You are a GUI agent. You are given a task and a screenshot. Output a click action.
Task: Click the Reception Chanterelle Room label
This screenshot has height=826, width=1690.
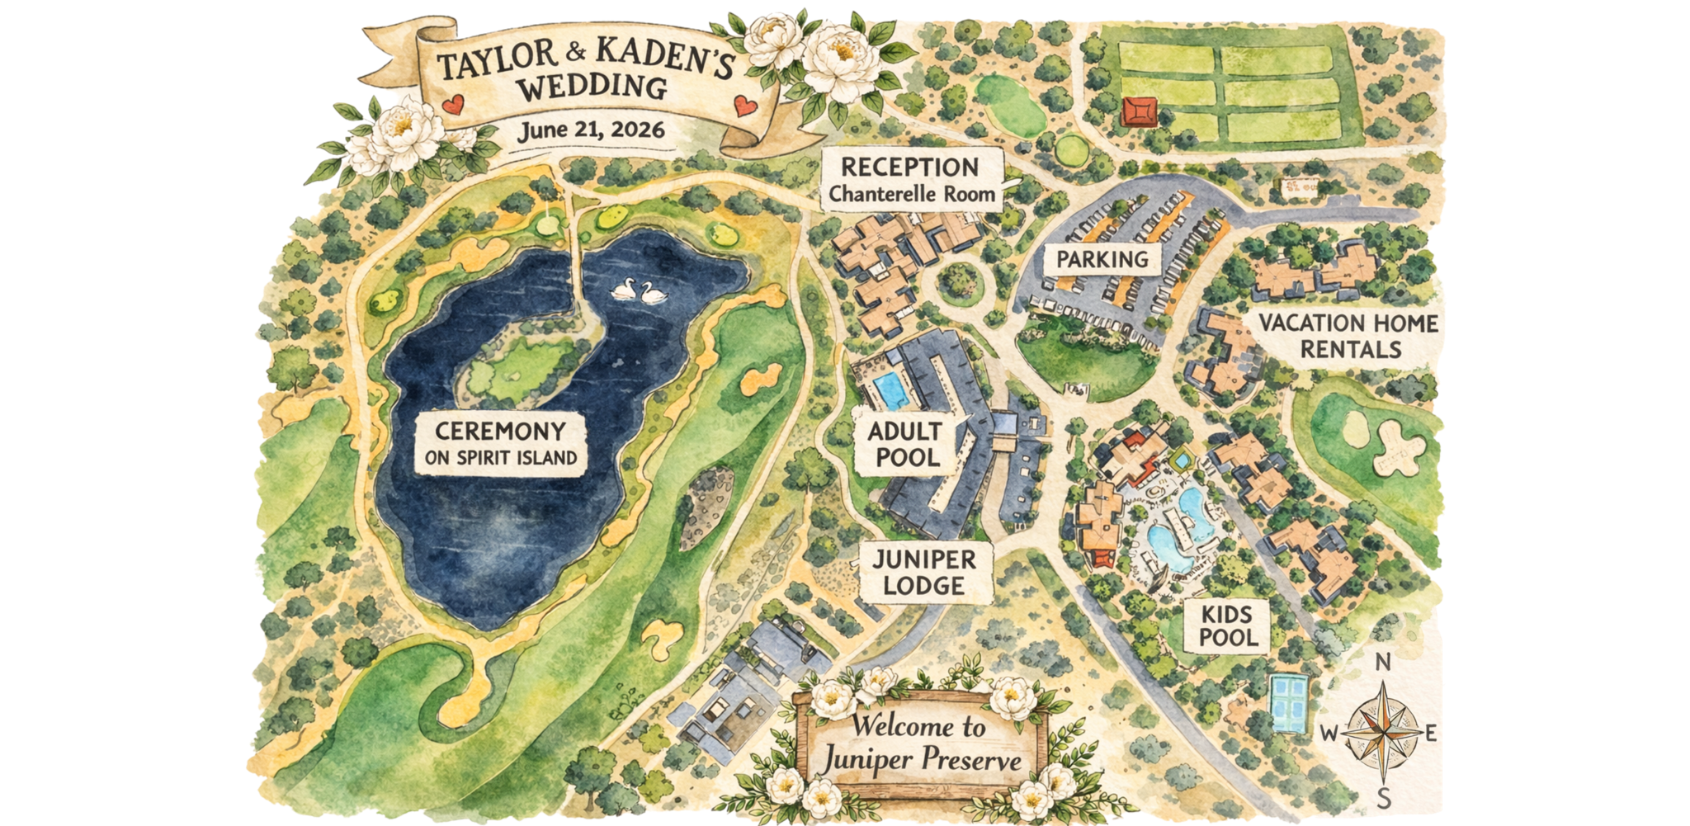[x=911, y=180]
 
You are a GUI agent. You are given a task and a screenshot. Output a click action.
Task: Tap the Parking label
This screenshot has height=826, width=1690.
[x=1102, y=259]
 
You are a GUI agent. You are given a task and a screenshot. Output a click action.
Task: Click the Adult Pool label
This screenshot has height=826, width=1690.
[x=904, y=444]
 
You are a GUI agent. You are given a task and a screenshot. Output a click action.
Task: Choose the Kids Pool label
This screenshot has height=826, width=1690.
[x=1228, y=625]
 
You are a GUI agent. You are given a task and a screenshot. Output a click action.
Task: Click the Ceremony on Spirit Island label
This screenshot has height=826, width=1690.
[x=500, y=444]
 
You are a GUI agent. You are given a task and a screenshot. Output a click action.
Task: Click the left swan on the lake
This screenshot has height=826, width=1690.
[x=625, y=290]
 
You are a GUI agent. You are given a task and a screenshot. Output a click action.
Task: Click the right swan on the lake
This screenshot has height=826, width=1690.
[x=653, y=293]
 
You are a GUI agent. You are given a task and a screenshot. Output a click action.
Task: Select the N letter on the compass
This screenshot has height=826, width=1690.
[x=1384, y=663]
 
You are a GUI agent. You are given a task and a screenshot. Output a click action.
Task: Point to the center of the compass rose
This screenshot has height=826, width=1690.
[x=1385, y=731]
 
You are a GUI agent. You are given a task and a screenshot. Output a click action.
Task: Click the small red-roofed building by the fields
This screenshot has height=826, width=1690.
[x=1140, y=111]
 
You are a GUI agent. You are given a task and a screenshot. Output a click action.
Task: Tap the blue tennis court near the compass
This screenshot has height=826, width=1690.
[x=1289, y=703]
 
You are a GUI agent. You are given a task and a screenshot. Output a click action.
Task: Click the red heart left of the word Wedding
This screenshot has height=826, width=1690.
[x=451, y=105]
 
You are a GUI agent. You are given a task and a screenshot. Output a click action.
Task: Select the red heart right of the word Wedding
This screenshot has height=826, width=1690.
[x=744, y=106]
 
